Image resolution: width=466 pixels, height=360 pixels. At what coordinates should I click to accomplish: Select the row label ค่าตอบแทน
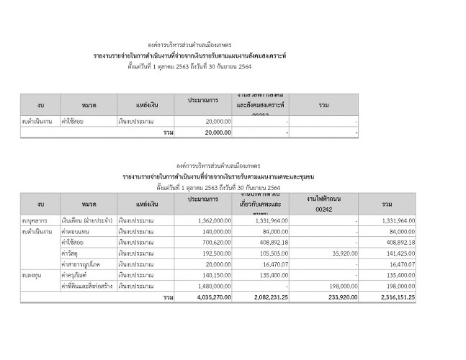77,231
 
